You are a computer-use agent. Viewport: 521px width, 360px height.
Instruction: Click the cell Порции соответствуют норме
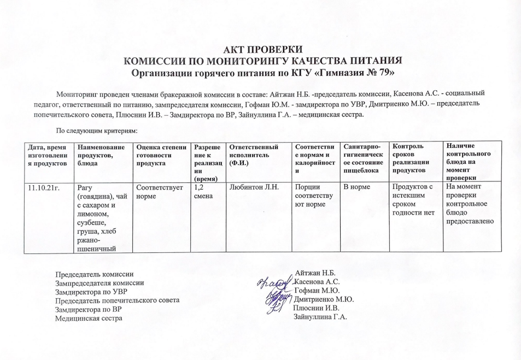point(313,196)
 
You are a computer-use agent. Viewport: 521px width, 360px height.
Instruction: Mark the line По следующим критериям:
point(96,131)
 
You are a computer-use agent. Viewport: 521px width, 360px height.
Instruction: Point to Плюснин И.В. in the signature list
point(317,308)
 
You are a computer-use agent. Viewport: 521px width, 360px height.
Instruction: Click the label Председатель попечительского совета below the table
point(118,300)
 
